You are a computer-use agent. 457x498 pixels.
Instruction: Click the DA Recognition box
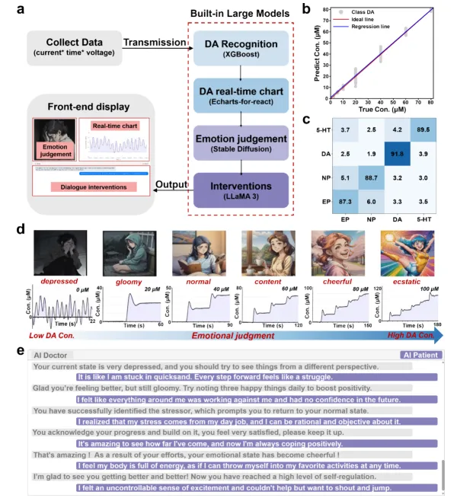[241, 46]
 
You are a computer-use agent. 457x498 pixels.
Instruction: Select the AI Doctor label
[52, 355]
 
